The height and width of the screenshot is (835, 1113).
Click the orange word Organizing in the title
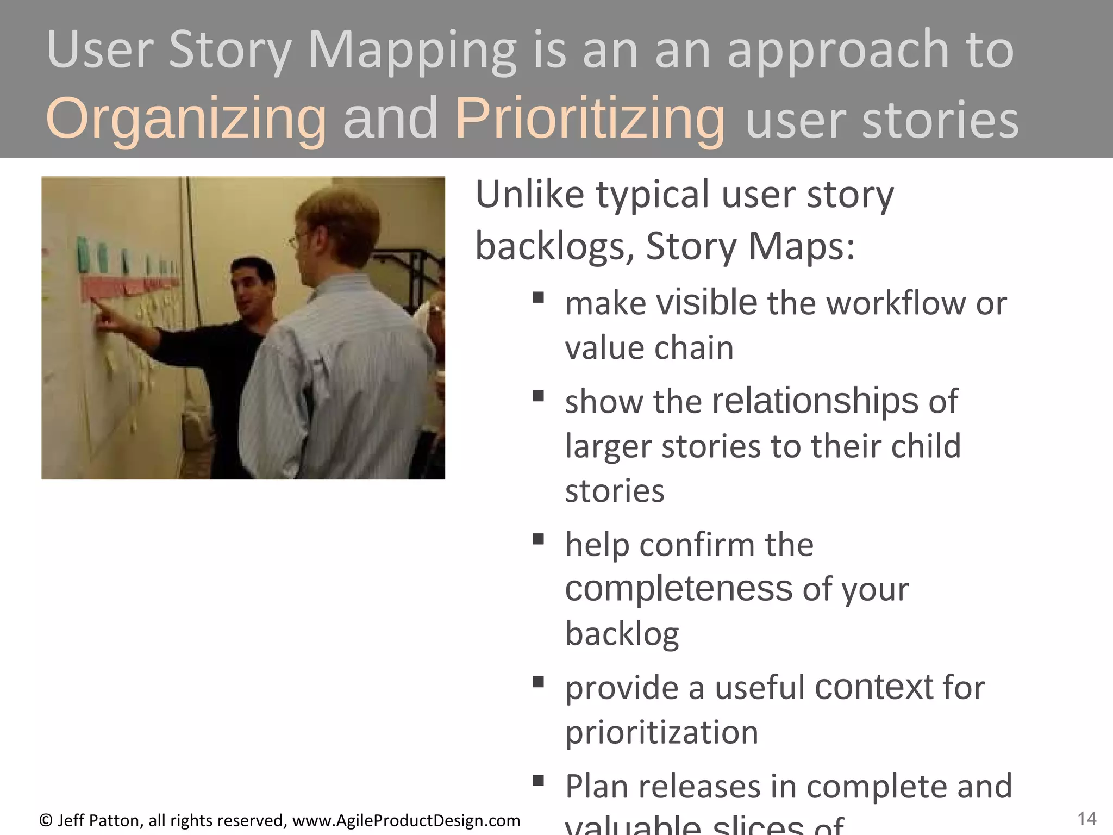pos(186,119)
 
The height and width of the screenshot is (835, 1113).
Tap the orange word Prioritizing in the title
pos(590,119)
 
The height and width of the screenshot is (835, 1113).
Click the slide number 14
pos(1086,818)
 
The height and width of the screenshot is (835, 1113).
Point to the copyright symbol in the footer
pos(46,820)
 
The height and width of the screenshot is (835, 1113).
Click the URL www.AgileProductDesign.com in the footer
pos(406,820)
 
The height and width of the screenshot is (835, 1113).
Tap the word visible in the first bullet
pos(706,302)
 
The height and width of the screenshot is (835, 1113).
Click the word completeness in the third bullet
pos(679,589)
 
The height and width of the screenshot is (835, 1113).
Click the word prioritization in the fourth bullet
pos(661,732)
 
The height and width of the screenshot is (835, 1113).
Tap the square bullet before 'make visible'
pos(538,297)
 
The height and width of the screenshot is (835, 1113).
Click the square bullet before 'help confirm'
pos(538,539)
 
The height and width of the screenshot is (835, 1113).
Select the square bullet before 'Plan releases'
pos(538,781)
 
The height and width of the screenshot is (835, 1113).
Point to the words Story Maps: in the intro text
pos(751,246)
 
